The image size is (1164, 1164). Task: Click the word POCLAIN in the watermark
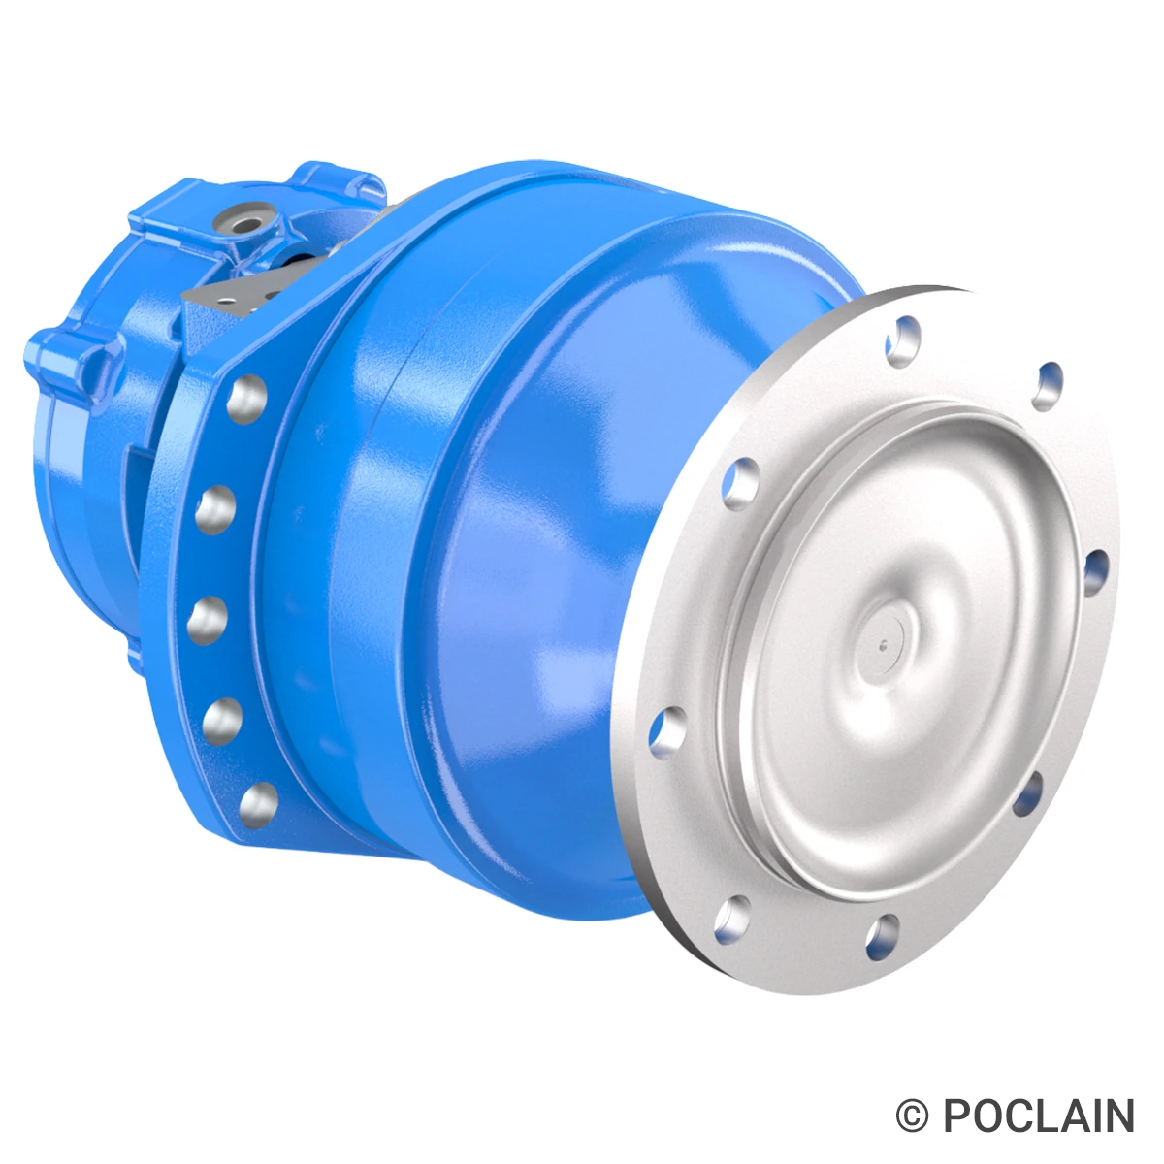1038,1116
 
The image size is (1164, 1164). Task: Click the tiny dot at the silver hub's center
882,640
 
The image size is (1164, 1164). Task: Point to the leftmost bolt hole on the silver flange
669,729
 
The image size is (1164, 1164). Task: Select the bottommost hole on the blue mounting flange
256,803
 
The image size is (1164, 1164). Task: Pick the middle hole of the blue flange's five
206,618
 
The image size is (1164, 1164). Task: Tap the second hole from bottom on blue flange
222,720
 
